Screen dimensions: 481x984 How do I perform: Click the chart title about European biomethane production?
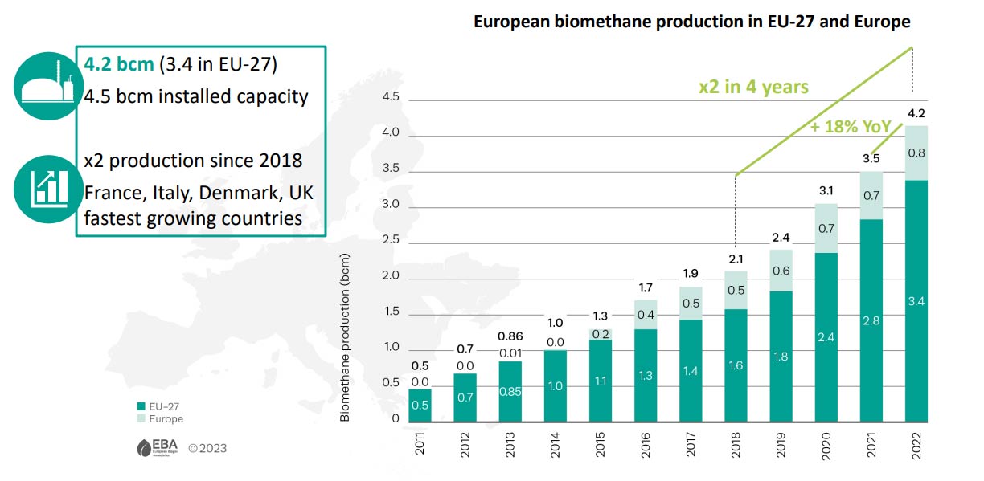(x=691, y=22)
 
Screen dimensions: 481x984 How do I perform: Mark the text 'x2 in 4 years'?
(x=752, y=87)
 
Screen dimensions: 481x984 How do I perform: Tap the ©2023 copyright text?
(x=207, y=448)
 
